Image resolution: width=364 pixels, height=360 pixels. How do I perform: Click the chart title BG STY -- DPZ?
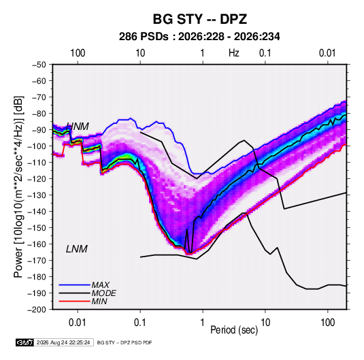[200, 19]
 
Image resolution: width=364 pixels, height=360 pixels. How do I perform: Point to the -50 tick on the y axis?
[39, 65]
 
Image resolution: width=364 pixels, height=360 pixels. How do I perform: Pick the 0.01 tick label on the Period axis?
[78, 323]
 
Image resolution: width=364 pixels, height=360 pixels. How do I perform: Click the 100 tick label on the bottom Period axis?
[327, 323]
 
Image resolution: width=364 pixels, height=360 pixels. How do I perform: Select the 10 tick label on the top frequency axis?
[140, 53]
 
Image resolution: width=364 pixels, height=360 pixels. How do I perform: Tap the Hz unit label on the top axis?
[234, 53]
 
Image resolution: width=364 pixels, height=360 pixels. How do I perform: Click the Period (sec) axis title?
[234, 330]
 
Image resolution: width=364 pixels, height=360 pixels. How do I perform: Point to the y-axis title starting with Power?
[18, 186]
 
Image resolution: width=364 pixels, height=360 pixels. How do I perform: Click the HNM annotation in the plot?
[78, 127]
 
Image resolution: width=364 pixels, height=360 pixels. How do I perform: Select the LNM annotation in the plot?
[77, 249]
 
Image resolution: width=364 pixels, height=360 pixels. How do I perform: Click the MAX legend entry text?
[100, 284]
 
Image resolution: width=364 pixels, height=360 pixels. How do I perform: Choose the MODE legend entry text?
[104, 293]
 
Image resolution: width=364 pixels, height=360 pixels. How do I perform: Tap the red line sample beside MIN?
[74, 301]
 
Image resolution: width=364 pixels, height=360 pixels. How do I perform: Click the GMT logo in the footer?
[24, 342]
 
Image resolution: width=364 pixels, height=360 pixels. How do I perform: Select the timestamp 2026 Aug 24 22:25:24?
[63, 342]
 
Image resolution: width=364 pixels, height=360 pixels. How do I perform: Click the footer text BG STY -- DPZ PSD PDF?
[125, 342]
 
